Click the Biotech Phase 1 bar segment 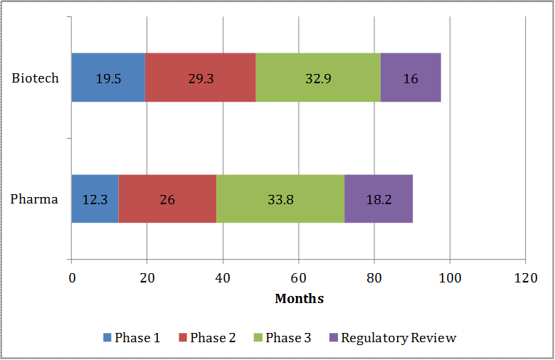tap(108, 78)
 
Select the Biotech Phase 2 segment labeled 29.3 tap(201, 78)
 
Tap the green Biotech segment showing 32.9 tap(318, 78)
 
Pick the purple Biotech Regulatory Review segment tap(411, 78)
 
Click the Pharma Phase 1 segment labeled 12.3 tap(95, 198)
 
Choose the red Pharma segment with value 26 tap(167, 198)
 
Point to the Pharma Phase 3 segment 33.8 tap(280, 198)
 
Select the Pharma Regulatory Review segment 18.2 tap(379, 198)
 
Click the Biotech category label tap(35, 78)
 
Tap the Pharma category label tap(34, 198)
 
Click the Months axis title tap(299, 299)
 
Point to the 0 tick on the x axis tap(71, 277)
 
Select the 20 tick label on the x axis tap(147, 277)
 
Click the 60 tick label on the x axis tap(299, 277)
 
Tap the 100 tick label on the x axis tap(450, 277)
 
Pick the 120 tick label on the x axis tap(525, 277)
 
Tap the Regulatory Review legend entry tap(392, 338)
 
